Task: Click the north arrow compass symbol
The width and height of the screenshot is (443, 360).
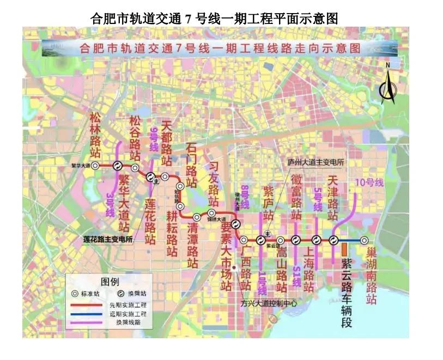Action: click(x=388, y=84)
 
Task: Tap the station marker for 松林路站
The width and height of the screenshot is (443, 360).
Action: click(x=95, y=165)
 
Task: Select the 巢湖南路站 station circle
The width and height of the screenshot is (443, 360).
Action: click(x=365, y=240)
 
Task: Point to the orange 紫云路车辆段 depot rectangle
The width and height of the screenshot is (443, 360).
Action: click(x=344, y=249)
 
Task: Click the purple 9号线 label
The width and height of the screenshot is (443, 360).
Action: click(x=154, y=138)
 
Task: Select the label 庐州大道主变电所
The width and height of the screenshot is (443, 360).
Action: click(x=316, y=162)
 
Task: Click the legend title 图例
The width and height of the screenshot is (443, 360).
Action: click(x=110, y=281)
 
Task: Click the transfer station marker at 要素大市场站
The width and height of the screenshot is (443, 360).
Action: click(x=236, y=224)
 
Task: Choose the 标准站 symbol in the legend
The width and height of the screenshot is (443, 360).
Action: click(x=76, y=293)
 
